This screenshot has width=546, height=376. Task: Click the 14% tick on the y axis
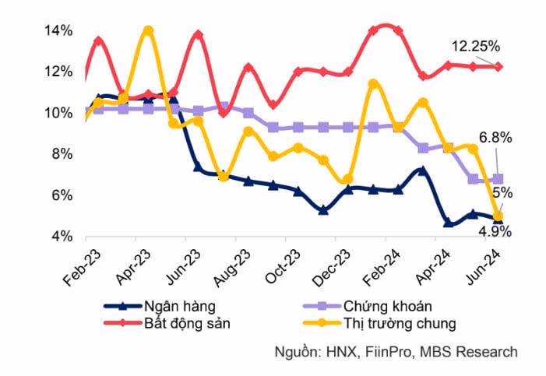tap(58, 31)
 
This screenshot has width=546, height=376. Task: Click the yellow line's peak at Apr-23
tap(148, 31)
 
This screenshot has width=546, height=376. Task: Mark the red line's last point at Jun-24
tap(498, 67)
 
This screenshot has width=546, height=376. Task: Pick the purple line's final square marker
tap(498, 179)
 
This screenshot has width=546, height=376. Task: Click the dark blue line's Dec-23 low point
tap(323, 210)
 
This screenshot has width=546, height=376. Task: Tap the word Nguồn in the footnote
tap(296, 352)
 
